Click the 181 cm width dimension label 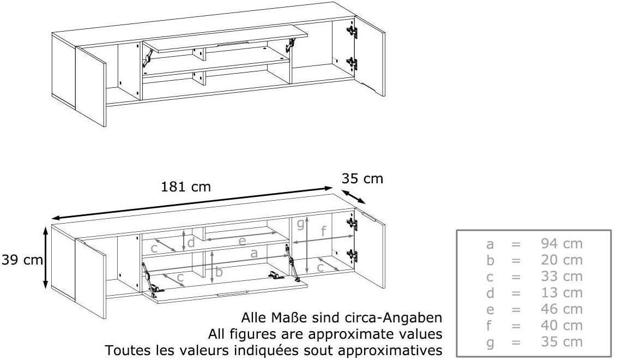(x=186, y=187)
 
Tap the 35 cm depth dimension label (x=362, y=178)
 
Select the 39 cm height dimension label (x=22, y=260)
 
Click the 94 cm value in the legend (x=561, y=243)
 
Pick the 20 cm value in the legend (x=561, y=260)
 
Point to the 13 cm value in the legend (x=561, y=293)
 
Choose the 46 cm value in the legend (x=561, y=309)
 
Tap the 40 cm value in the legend (x=561, y=325)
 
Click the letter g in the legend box (x=490, y=343)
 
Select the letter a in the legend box (x=490, y=244)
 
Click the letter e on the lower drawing (x=243, y=241)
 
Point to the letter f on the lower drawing (x=323, y=231)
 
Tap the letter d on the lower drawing (x=191, y=242)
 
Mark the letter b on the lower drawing (x=219, y=272)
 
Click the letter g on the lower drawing (x=301, y=225)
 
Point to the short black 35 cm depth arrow (x=353, y=196)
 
